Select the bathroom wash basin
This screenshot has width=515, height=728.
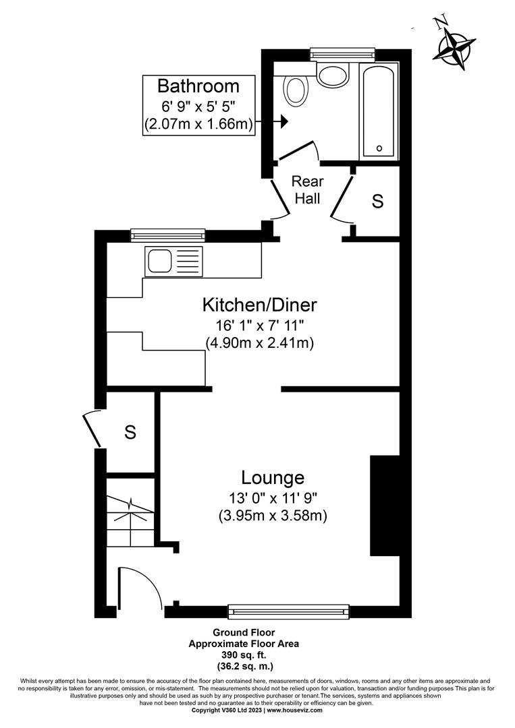[332, 75]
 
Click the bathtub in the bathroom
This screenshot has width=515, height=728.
[379, 112]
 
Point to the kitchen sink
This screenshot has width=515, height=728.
[161, 260]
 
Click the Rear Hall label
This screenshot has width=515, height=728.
[307, 190]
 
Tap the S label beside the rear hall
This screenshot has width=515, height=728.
[378, 201]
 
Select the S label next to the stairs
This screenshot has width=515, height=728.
[130, 433]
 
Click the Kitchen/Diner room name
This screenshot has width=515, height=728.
[260, 305]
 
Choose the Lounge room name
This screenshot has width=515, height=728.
[273, 478]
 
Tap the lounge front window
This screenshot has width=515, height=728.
[289, 611]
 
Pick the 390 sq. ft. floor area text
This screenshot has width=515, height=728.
[243, 655]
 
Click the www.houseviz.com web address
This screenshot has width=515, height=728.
[294, 710]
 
